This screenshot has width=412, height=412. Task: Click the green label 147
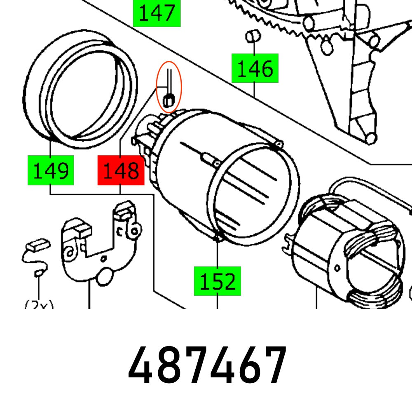(x=157, y=13)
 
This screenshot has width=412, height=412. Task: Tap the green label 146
(x=255, y=68)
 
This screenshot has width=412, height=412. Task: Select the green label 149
(x=51, y=170)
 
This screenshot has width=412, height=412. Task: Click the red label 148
(x=121, y=170)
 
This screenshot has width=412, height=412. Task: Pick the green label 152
(x=217, y=281)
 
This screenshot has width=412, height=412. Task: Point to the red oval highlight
(x=169, y=87)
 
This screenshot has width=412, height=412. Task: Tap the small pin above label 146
(x=253, y=36)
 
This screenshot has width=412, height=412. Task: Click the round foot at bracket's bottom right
(x=370, y=138)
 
